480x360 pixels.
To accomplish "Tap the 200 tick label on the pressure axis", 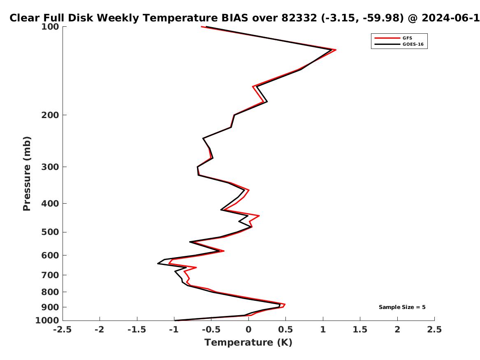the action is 50,115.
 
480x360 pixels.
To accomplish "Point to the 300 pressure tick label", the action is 50,167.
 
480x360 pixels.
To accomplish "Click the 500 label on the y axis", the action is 50,232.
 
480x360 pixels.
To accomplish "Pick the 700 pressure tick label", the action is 50,275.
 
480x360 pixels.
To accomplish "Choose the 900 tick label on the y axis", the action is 50,307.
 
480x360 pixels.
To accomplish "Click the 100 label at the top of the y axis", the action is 50,27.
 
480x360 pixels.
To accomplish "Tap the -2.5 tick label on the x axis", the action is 63,330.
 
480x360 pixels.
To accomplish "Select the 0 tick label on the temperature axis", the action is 248,330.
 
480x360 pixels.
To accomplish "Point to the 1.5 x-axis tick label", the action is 360,330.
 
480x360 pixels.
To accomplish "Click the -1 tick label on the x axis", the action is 174,330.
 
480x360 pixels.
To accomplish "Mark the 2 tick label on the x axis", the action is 397,330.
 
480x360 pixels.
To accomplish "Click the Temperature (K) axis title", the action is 248,342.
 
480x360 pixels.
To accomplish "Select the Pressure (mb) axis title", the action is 27,174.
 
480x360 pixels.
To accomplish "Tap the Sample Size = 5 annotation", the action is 402,307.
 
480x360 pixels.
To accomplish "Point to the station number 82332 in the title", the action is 299,18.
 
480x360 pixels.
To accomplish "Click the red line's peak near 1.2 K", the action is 336,50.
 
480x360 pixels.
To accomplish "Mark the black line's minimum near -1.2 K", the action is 158,263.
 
